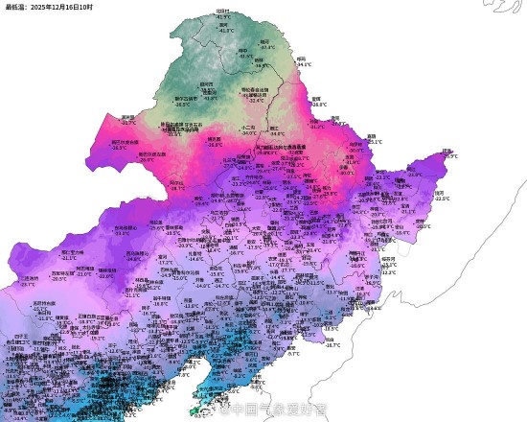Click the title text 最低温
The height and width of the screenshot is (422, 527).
[x=15, y=6]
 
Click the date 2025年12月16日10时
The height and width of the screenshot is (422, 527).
[x=61, y=6]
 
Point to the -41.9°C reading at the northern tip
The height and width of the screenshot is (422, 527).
[x=224, y=17]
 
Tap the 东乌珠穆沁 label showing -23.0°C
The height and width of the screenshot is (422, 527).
[x=123, y=228]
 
